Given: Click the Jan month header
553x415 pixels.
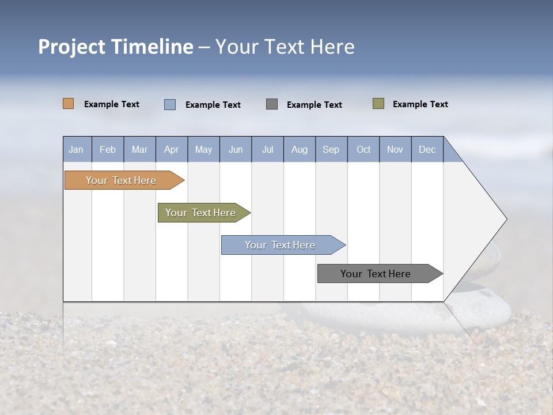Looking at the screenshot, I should pos(77,149).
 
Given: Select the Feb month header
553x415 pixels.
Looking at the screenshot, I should pos(108,149).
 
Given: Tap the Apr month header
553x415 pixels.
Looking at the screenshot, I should pos(172,149).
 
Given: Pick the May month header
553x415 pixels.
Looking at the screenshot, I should pos(203,149).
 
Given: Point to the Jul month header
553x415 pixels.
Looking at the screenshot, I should pos(267,149).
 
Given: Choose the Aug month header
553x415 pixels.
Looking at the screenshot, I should pos(300,149).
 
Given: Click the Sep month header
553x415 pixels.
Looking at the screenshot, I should pos(331,149).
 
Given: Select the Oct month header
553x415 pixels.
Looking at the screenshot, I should pos(363,149).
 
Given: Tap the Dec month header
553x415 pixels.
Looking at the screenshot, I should pos(427,149).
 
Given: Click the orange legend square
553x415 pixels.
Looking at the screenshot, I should pos(69,104).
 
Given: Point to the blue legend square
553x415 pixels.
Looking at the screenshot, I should pos(170,104).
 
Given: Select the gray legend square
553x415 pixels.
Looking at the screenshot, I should pos(272,104).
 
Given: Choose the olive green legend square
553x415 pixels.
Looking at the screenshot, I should pos(378,104).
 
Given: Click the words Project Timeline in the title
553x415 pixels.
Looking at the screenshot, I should pos(116,47).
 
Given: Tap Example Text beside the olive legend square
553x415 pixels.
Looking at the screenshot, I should pos(420,104).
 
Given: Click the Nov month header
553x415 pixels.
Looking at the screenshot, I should pos(395,149).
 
